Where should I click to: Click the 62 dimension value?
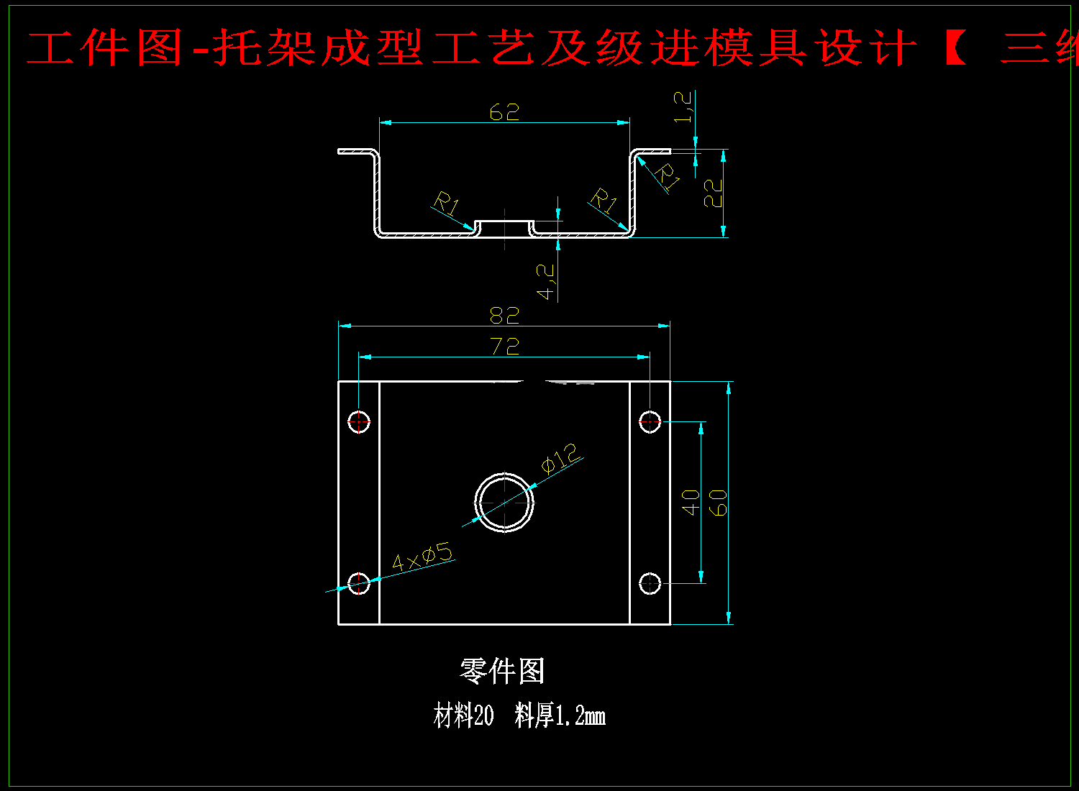[x=504, y=112]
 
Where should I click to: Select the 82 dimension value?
[x=504, y=316]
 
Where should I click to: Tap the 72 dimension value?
[x=505, y=347]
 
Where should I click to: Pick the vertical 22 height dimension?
[x=712, y=193]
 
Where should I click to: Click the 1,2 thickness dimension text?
[x=683, y=106]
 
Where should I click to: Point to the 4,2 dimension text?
[x=546, y=281]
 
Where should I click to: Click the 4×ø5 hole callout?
[x=422, y=557]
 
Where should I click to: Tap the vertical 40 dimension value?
[x=691, y=502]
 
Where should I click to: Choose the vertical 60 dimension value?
[x=718, y=502]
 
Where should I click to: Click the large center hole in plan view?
[x=504, y=502]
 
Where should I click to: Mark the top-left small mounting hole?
[x=359, y=421]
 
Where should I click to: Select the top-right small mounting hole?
[x=650, y=421]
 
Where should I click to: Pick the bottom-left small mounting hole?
[x=359, y=583]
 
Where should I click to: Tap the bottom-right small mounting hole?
[x=650, y=583]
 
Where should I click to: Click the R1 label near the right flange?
[x=668, y=177]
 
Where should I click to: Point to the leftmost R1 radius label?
[x=447, y=204]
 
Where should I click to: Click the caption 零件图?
[x=502, y=672]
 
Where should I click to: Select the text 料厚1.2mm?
[x=560, y=716]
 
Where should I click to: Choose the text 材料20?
[x=464, y=716]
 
